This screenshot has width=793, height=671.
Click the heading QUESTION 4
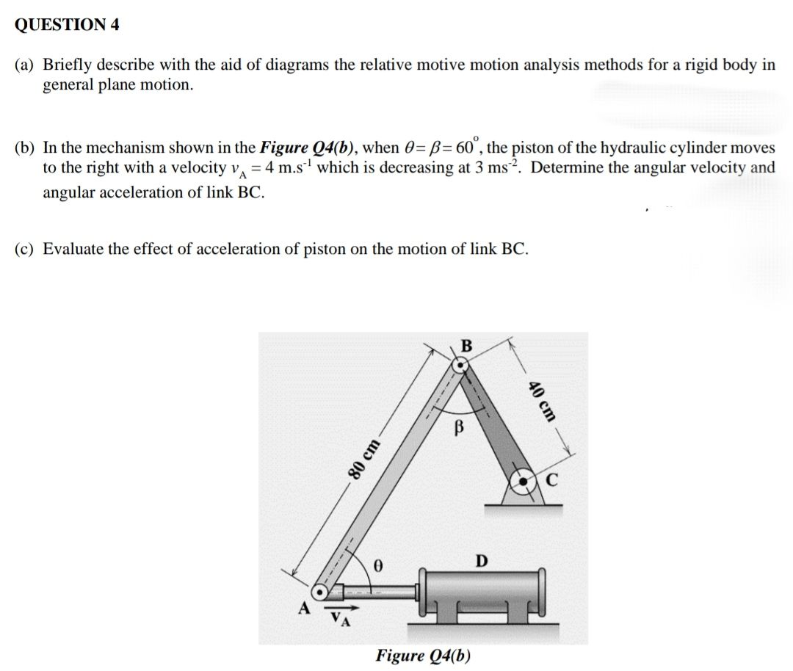[x=67, y=25]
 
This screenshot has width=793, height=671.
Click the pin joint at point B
[x=459, y=363]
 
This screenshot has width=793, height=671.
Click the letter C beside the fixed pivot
[x=552, y=482]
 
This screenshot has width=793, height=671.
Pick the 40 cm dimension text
[x=543, y=402]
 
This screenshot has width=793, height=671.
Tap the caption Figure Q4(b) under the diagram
[x=423, y=656]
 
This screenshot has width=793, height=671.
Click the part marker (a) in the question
[x=26, y=65]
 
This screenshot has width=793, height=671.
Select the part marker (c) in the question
[x=26, y=249]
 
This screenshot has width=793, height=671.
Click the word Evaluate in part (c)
[x=73, y=249]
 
